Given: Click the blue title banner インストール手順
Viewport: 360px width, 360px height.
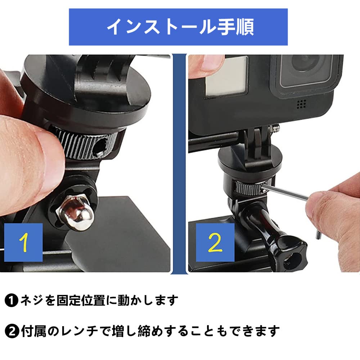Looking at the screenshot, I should tap(178, 27).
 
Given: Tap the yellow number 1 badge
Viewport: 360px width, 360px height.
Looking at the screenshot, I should tap(23, 242).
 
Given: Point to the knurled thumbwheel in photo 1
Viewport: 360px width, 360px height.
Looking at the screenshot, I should tap(81, 142).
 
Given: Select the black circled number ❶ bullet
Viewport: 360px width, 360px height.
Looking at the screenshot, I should tap(12, 300).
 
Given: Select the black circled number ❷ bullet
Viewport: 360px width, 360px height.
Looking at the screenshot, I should tap(12, 330).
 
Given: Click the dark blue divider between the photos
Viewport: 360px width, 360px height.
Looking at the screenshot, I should tap(179, 162).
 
